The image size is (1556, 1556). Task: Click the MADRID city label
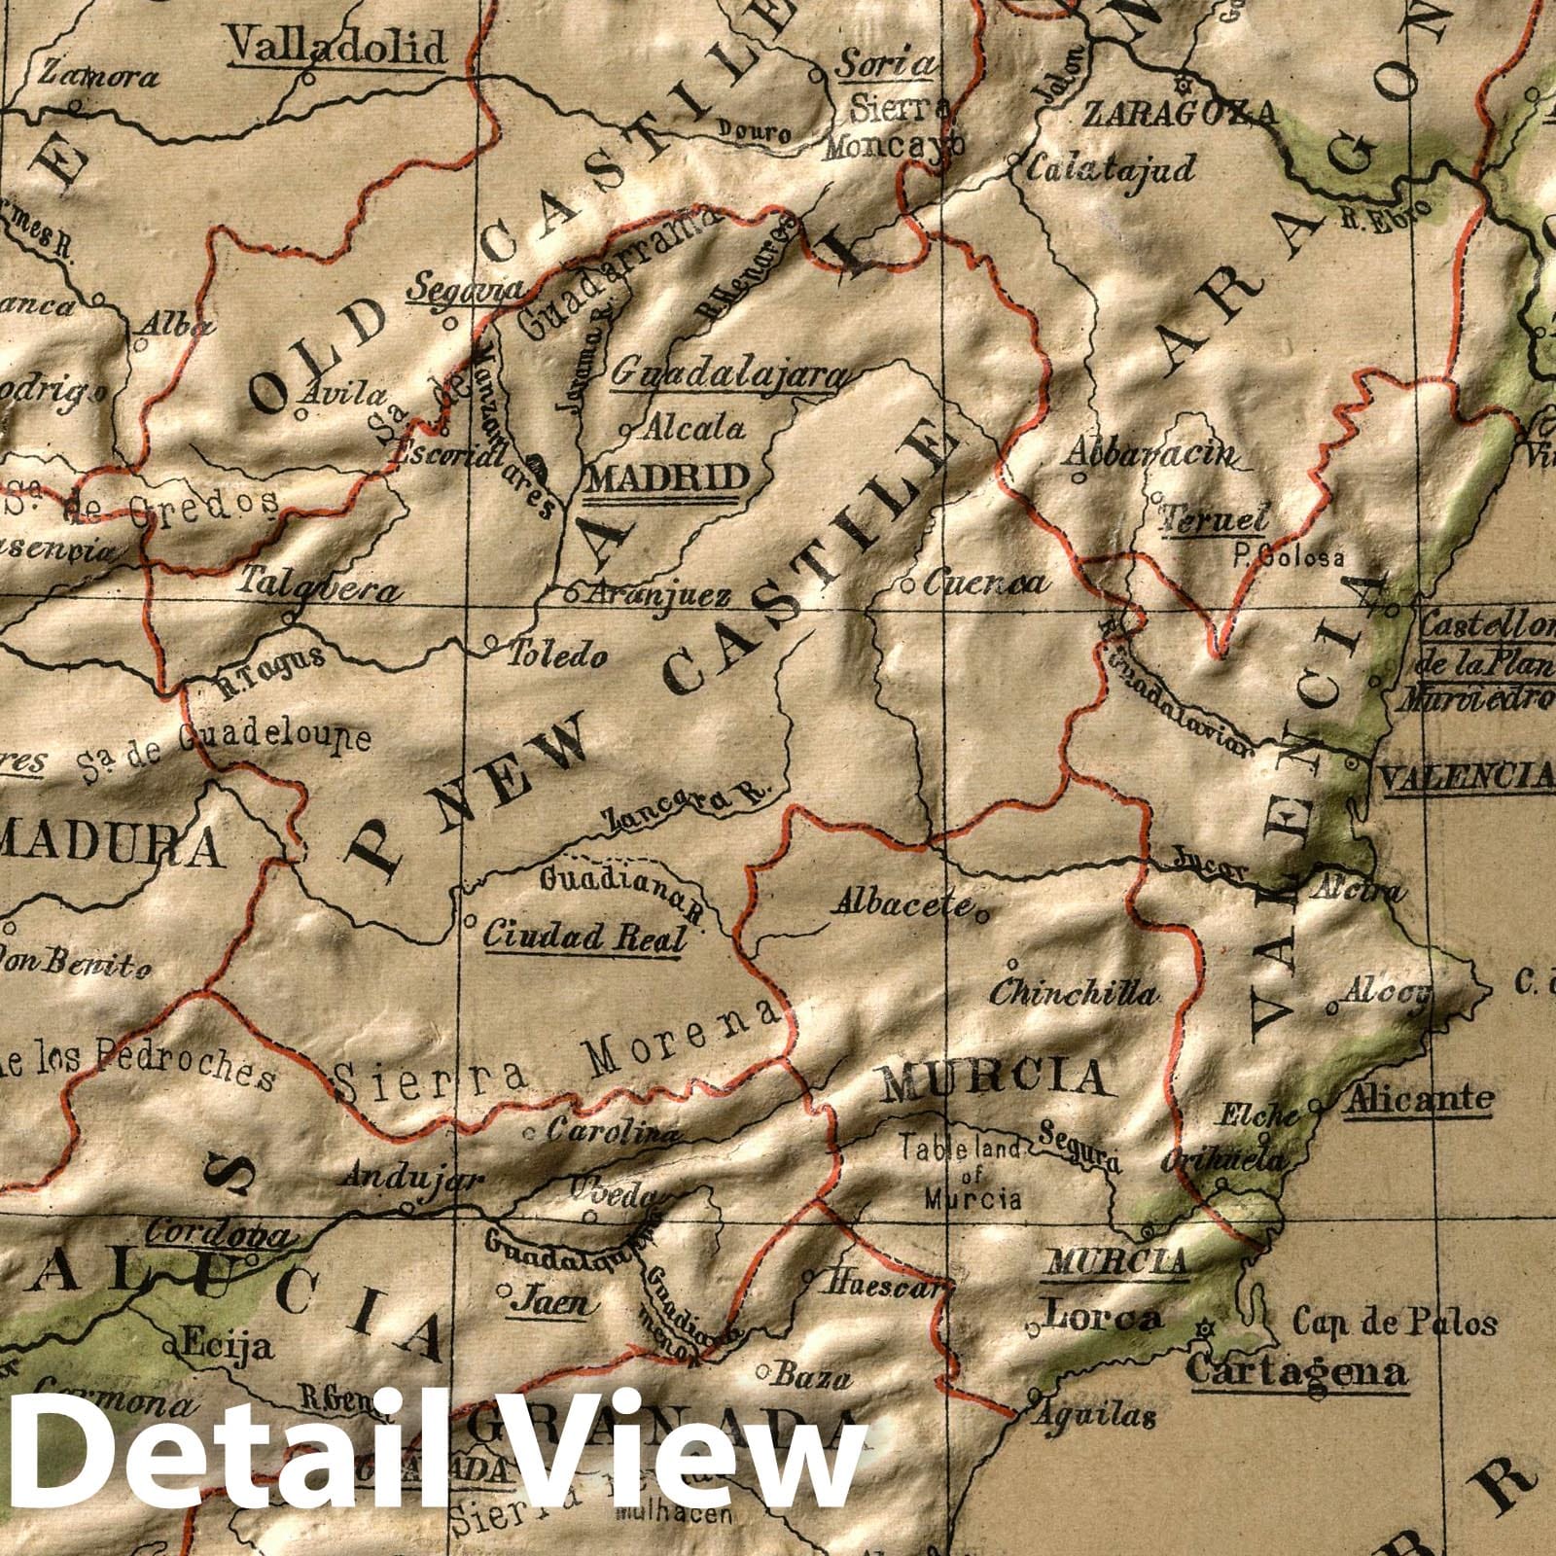pos(670,477)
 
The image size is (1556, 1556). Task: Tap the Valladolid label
pos(336,45)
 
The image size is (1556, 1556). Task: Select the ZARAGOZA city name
pos(1178,114)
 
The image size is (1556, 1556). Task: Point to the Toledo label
pos(557,656)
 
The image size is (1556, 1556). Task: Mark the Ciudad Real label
pos(583,936)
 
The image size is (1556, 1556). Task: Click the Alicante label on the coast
pos(1419,1099)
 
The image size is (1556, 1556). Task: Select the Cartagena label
pos(1298,1371)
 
